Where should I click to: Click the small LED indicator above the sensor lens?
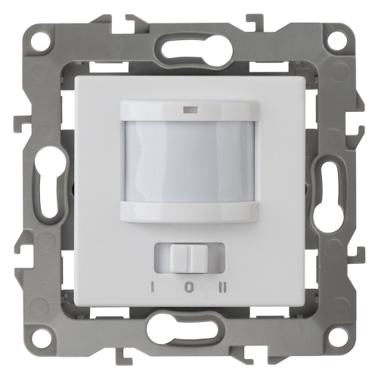pos(190,110)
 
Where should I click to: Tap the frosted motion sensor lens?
pos(190,162)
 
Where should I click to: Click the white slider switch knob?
pos(189,258)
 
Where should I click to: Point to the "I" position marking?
pos(152,287)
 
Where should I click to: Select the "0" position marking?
pos(188,287)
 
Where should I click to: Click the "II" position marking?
pos(223,287)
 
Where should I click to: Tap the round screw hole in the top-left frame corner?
pos(40,39)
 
